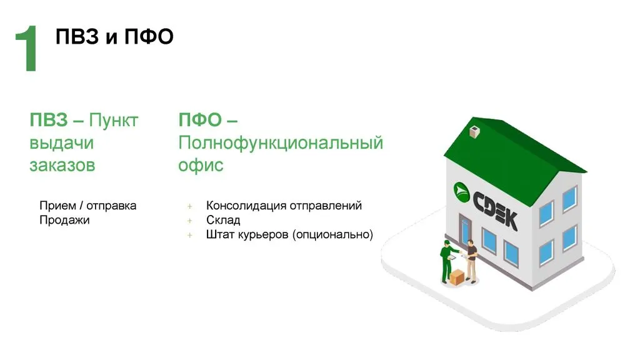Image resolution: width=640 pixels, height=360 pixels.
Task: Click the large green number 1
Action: pyautogui.click(x=27, y=48)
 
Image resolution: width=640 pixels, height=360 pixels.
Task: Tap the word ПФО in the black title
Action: pyautogui.click(x=149, y=37)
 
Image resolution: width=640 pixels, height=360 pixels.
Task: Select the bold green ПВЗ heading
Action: pyautogui.click(x=49, y=120)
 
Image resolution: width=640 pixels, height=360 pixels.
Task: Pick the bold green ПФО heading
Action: pyautogui.click(x=200, y=120)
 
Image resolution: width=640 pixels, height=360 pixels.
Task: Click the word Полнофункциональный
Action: pyautogui.click(x=281, y=143)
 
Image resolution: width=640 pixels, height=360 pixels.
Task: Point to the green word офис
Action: pyautogui.click(x=201, y=165)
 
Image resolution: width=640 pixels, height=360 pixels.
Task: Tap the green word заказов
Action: pyautogui.click(x=62, y=165)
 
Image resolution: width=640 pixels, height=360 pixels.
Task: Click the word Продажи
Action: pyautogui.click(x=64, y=221)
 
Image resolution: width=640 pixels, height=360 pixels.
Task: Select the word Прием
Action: pyautogui.click(x=57, y=206)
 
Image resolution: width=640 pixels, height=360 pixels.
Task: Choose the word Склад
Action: pyautogui.click(x=223, y=220)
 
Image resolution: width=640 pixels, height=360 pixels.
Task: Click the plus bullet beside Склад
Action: pyautogui.click(x=190, y=221)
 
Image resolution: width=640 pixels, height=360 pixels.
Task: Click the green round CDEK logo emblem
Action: pyautogui.click(x=462, y=192)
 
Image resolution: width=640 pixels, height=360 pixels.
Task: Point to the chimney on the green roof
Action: pyautogui.click(x=474, y=132)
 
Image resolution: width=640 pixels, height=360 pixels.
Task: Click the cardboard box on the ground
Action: pyautogui.click(x=457, y=277)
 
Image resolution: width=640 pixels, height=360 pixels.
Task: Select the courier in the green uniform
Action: pyautogui.click(x=447, y=262)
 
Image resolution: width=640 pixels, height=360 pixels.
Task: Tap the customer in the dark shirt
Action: pyautogui.click(x=471, y=261)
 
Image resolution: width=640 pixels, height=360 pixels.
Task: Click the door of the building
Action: pyautogui.click(x=464, y=231)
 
